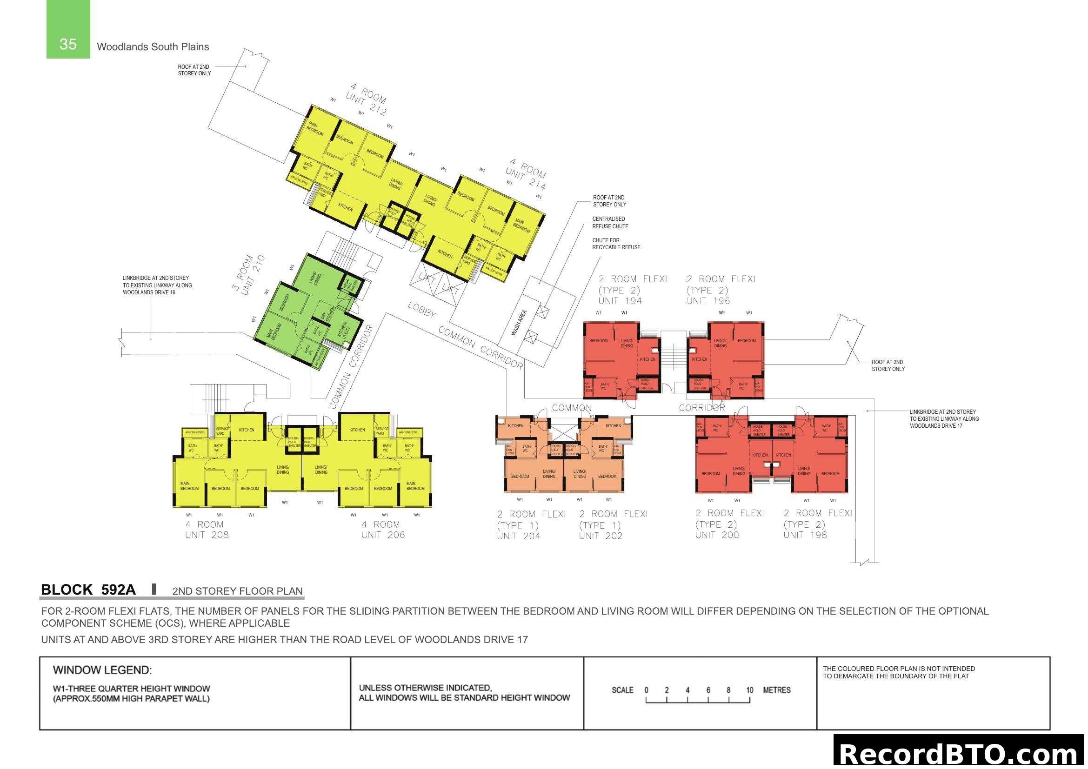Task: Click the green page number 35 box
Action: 68,29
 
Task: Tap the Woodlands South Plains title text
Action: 153,47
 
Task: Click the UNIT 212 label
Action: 366,105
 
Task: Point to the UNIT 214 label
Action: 526,179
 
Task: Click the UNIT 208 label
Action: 207,535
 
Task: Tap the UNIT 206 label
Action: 383,535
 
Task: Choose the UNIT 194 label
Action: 620,301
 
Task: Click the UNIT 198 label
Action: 805,535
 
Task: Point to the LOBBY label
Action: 422,310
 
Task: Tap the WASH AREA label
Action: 519,323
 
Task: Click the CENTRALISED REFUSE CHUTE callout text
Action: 610,223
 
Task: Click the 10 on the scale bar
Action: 749,690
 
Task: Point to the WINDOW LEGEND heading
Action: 102,670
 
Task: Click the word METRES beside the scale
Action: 777,690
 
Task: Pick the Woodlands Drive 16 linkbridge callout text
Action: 157,285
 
